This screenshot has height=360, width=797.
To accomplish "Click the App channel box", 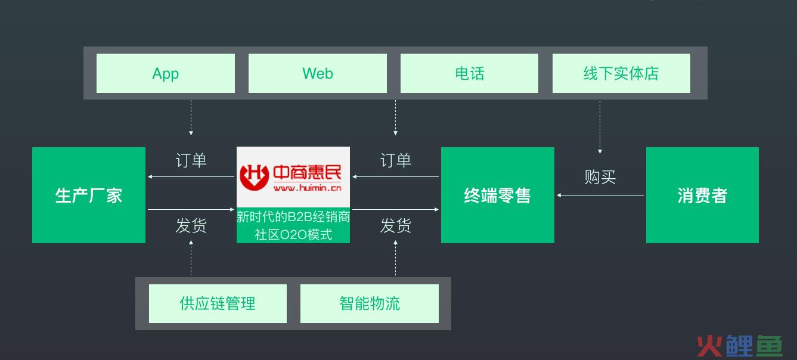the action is click(x=166, y=73).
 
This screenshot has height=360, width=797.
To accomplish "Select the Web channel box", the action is click(x=317, y=73).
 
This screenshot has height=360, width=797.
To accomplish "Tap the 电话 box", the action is click(x=469, y=73).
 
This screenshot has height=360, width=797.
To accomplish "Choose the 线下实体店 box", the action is click(x=621, y=73).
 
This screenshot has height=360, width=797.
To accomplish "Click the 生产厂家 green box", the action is click(x=89, y=195).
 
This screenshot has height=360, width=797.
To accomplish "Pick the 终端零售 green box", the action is click(x=497, y=195).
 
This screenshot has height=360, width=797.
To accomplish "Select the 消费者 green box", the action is click(x=702, y=195).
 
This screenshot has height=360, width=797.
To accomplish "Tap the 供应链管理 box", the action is click(x=218, y=303).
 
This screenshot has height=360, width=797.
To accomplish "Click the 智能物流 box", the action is click(x=370, y=303).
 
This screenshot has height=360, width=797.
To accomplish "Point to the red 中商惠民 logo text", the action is click(x=307, y=172).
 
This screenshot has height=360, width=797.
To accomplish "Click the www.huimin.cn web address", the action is click(x=307, y=188).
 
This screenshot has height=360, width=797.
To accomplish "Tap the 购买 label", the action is click(x=600, y=177).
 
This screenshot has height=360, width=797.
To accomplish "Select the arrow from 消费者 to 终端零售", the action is click(x=600, y=195).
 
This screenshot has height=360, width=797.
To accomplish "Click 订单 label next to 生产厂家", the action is click(x=191, y=160).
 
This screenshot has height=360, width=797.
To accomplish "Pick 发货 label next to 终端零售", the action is click(x=396, y=225).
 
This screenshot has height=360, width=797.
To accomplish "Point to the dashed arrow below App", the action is click(x=191, y=118).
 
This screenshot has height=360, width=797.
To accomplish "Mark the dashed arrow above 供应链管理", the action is click(x=191, y=258).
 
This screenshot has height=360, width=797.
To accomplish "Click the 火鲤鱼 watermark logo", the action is click(x=739, y=346).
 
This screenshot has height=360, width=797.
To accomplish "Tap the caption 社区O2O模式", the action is click(x=293, y=234).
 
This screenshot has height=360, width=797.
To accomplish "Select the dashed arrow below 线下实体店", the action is click(x=600, y=128).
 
